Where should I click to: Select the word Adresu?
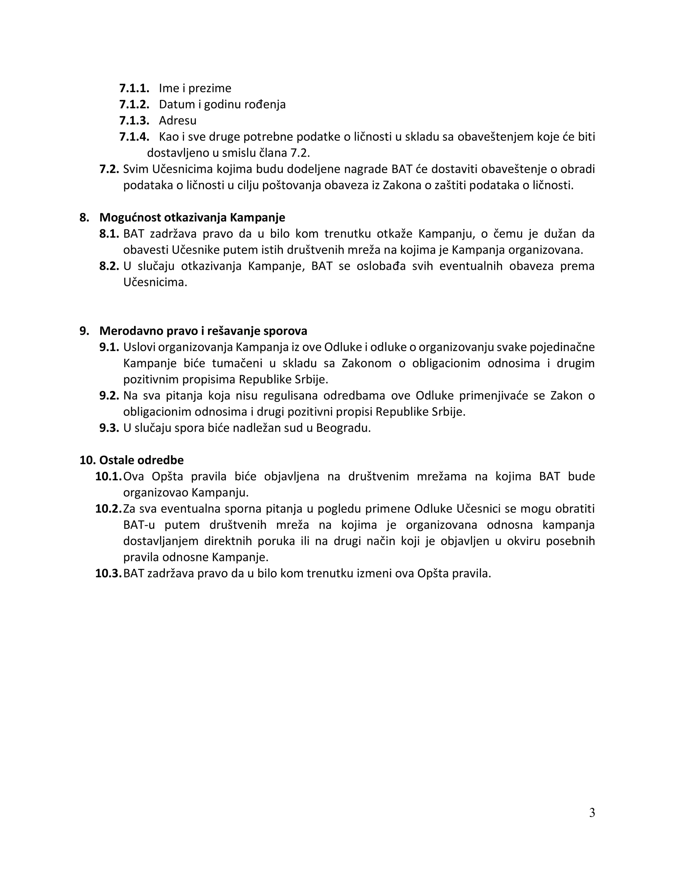[178, 120]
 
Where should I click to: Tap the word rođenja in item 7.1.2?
[265, 105]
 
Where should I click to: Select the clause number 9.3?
[109, 428]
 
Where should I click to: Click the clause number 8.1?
[109, 234]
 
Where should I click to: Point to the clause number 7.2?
[109, 169]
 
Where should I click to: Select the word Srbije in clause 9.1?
[311, 379]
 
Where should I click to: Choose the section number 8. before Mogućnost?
[84, 217]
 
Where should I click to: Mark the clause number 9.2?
[109, 395]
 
